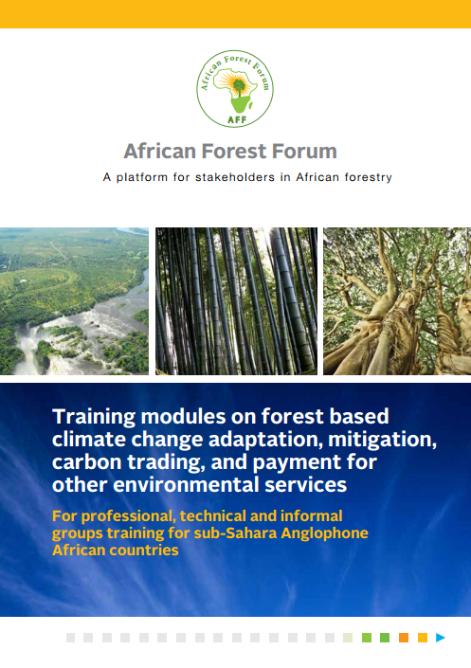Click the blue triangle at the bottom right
(x=440, y=638)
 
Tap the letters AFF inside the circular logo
(x=235, y=121)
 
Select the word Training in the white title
(x=93, y=416)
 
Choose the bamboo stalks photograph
(x=235, y=300)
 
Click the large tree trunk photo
(x=397, y=300)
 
